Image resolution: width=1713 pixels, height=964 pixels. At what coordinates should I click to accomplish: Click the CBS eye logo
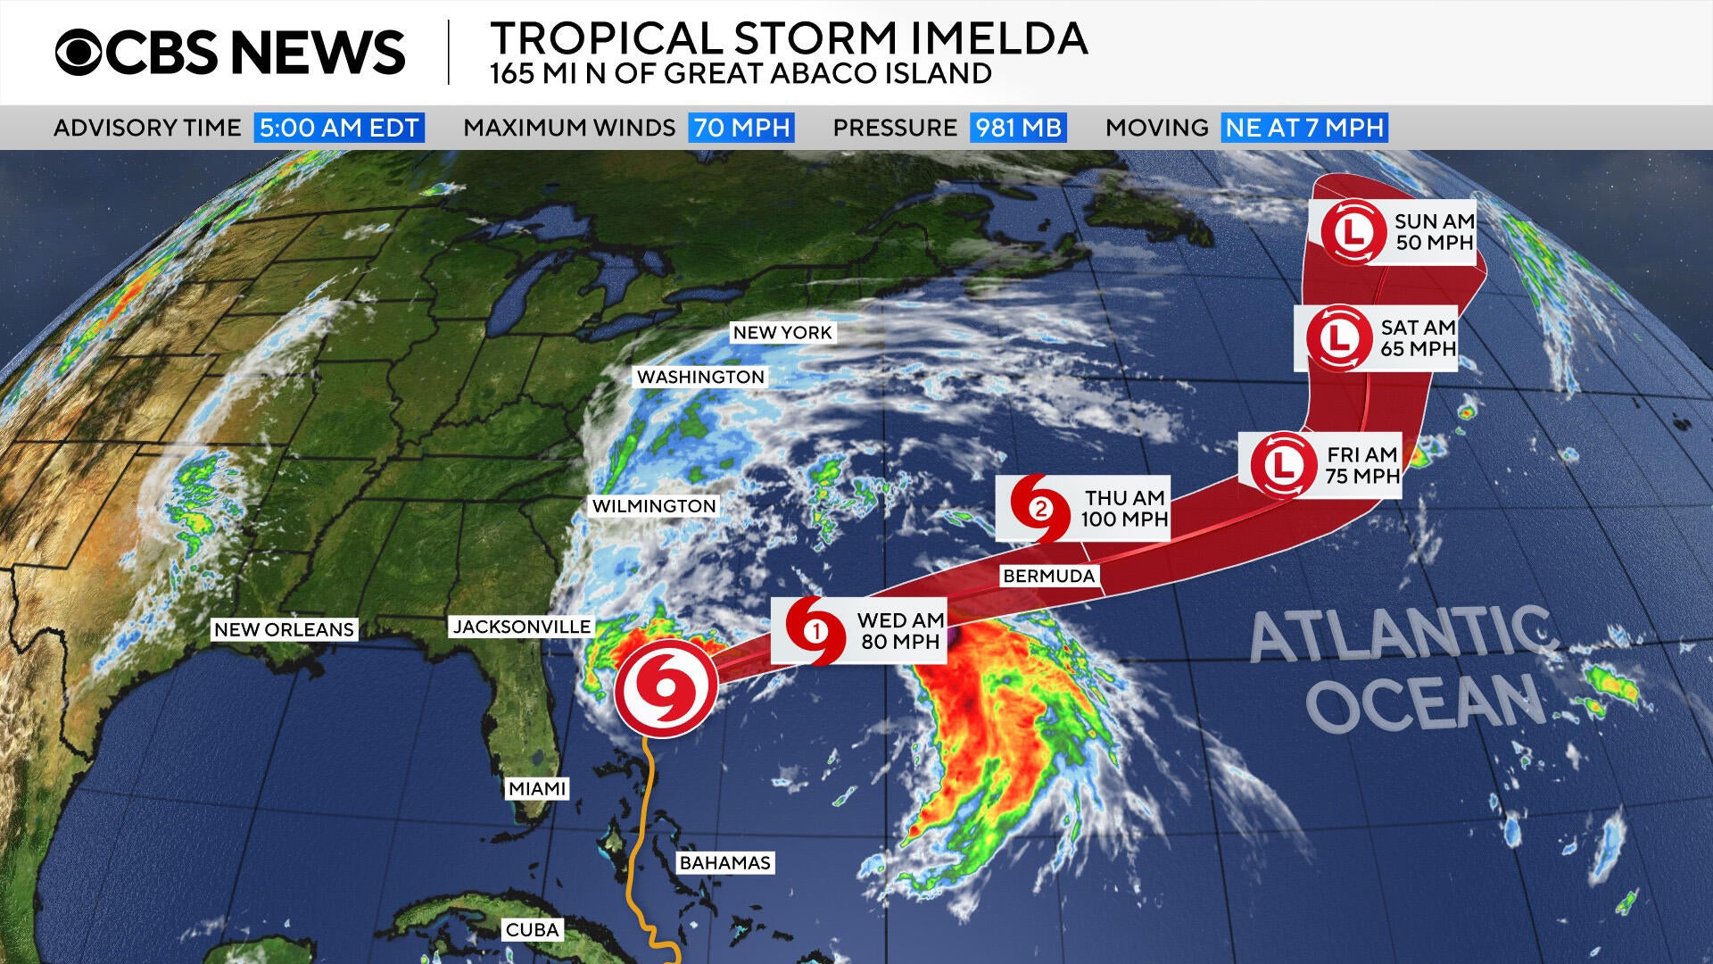click(x=79, y=52)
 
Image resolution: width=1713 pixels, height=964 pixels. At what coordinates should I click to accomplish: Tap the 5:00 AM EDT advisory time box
click(x=339, y=128)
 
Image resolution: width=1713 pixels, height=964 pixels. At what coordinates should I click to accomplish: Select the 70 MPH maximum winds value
click(x=741, y=128)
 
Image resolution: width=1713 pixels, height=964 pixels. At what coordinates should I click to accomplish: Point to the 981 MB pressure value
click(x=1018, y=128)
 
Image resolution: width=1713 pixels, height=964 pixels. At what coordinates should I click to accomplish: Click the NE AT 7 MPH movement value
click(x=1304, y=128)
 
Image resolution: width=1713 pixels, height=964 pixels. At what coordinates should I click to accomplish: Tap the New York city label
click(x=782, y=333)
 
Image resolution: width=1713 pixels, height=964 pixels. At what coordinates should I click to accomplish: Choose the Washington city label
click(x=700, y=377)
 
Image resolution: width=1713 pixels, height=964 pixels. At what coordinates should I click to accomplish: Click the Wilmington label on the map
click(x=654, y=506)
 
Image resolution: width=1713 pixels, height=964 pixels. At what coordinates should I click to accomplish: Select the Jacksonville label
click(x=522, y=627)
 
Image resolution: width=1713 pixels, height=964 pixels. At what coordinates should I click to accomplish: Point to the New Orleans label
click(x=284, y=629)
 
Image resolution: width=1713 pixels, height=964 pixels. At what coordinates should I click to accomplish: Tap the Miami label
click(x=537, y=788)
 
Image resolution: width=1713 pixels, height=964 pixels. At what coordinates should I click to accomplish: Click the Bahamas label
click(x=724, y=862)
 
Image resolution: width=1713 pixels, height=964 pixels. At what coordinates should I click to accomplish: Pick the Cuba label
click(x=532, y=929)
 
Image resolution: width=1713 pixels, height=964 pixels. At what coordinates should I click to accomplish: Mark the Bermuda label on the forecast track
click(x=1049, y=576)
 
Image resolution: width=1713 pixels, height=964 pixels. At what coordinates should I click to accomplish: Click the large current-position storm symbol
click(x=666, y=688)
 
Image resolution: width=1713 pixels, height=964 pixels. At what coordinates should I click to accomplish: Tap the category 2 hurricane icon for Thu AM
click(x=1040, y=509)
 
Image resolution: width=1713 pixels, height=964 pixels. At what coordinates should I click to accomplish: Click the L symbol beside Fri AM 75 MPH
click(x=1283, y=464)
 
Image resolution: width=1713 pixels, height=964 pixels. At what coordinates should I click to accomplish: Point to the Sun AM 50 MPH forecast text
click(x=1434, y=232)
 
